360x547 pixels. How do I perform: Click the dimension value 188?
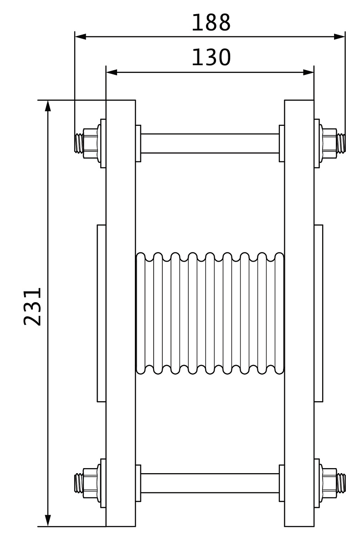(211, 22)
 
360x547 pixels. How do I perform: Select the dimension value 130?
(211, 57)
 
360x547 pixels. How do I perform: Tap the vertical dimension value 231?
(32, 307)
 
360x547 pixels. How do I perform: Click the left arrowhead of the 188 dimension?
(81, 37)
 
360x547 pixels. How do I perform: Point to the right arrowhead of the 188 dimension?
(339, 37)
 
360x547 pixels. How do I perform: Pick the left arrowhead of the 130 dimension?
(112, 72)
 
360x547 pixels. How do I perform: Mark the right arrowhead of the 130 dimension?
(308, 72)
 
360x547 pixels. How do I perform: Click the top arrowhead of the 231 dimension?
(48, 106)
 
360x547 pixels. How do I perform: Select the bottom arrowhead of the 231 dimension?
(48, 521)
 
